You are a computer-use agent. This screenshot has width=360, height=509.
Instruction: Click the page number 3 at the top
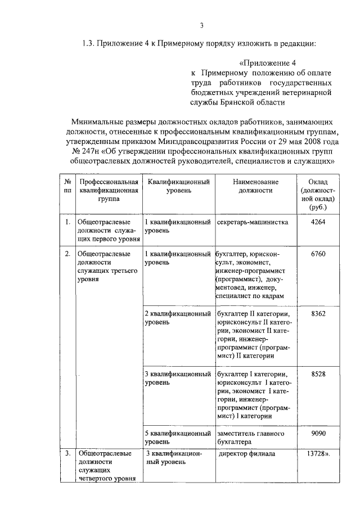pos(201,24)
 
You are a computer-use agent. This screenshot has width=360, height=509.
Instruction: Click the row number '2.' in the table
pos(67,254)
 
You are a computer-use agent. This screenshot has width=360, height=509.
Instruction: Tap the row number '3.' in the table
pos(67,453)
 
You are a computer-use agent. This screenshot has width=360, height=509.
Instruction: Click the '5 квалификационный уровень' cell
pos(178,438)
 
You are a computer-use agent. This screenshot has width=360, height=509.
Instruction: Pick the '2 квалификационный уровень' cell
pos(178,318)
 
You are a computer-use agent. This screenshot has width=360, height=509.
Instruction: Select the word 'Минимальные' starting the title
pos(96,121)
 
